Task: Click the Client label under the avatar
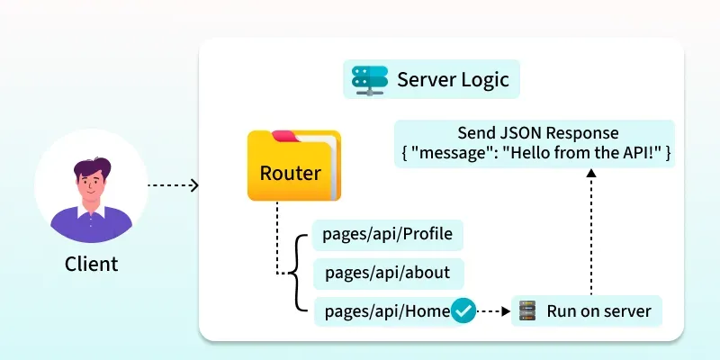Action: (x=91, y=265)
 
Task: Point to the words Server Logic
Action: (x=453, y=80)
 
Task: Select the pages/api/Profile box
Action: (x=387, y=235)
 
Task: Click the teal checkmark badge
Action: (x=463, y=311)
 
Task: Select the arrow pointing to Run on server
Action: (x=492, y=311)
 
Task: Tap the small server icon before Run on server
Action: (x=526, y=312)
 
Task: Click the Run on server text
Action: (x=598, y=312)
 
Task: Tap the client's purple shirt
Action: (x=90, y=226)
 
